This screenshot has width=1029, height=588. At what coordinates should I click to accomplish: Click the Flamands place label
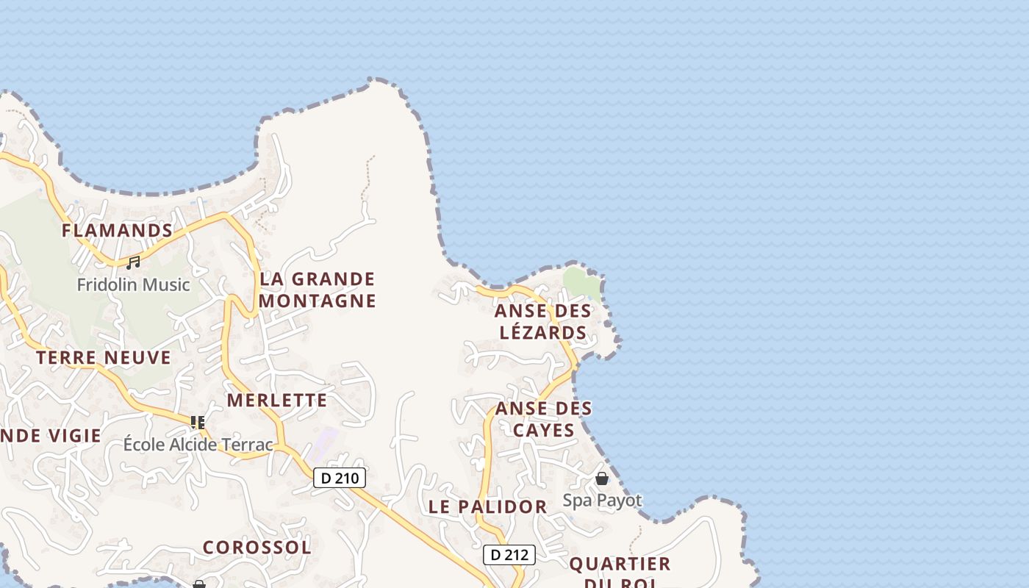point(118,231)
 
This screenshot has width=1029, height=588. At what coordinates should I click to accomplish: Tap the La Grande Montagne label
point(318,290)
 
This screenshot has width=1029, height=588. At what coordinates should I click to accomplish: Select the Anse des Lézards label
point(543,321)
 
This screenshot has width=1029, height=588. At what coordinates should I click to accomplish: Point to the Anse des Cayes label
point(544,419)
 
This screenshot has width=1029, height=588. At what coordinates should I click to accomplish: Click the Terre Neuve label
point(104,358)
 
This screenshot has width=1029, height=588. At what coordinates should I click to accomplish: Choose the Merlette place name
point(277,400)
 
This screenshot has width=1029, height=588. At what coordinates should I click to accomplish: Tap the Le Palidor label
point(488,506)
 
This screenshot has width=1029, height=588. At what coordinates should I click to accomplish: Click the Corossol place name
point(257,548)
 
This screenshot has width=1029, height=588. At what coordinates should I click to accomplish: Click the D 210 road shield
point(340,478)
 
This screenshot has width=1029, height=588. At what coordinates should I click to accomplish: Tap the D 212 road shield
point(509,554)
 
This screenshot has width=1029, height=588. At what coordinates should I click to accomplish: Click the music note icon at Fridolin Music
point(133,262)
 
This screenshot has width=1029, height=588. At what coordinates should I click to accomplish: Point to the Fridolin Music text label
point(134,284)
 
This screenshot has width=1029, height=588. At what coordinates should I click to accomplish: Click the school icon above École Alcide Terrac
point(197,422)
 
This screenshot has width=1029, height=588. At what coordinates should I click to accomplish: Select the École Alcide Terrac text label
point(198,445)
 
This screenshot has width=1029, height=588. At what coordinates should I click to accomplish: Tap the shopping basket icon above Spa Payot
point(602,478)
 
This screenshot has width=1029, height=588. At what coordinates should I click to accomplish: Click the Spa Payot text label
point(602,501)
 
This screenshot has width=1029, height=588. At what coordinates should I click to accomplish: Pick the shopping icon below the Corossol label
point(199,584)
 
